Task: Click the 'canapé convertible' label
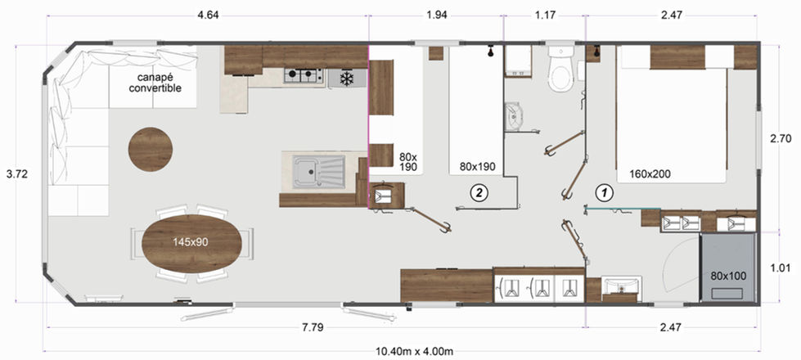[x=155, y=83]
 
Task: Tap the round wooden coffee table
[x=151, y=149]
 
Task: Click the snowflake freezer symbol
[x=348, y=79]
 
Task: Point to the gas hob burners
[x=304, y=75]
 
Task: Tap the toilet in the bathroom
[x=561, y=70]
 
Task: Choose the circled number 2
[x=479, y=192]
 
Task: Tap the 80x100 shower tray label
[x=728, y=276]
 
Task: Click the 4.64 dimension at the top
[x=207, y=15]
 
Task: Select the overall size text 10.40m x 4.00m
[x=415, y=351]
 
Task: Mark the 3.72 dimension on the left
[x=16, y=174]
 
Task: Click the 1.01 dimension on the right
[x=781, y=268]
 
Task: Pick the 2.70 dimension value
[x=781, y=138]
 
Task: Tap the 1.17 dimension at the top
[x=545, y=15]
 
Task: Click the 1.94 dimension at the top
[x=436, y=15]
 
